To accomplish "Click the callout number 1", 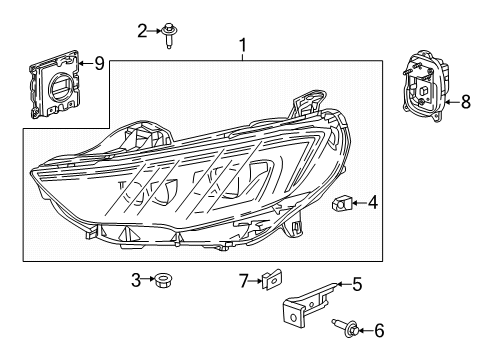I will click(241, 45).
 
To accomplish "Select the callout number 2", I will click(142, 31).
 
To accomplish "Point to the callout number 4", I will click(372, 204).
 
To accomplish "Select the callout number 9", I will click(98, 64).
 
